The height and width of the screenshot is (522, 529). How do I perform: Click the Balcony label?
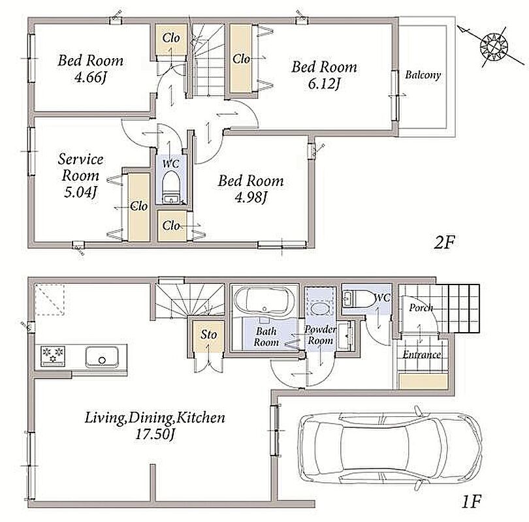pos(423,74)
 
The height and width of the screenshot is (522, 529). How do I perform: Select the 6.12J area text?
pos(323,84)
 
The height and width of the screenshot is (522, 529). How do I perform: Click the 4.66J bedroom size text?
pos(90,78)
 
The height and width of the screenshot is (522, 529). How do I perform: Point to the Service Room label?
pos(80,167)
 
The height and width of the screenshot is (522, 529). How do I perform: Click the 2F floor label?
pos(444,242)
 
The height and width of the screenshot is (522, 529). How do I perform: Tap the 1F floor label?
pos(470,501)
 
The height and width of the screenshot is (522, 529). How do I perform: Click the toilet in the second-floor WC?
pos(170,186)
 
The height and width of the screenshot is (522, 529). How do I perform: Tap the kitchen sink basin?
pos(101,357)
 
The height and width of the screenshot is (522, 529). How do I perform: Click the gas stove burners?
pos(53,355)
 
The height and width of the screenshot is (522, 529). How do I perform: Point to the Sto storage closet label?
pos(208,335)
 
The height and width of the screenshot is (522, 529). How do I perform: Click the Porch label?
pos(421,307)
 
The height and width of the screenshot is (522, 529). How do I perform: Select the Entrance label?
pos(422,354)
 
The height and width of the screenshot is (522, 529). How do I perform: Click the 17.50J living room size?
pos(155,435)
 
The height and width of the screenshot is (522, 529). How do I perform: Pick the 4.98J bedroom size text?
pos(251,198)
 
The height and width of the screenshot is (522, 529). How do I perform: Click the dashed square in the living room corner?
pos(49,300)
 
